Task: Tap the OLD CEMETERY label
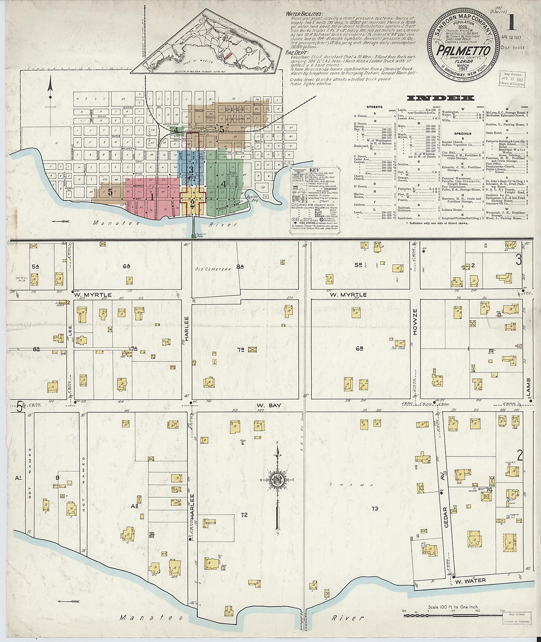(x=212, y=269)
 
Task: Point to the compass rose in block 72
(x=277, y=480)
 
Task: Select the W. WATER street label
(x=470, y=581)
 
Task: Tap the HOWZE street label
(x=415, y=322)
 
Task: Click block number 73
(x=375, y=508)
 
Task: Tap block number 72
(x=244, y=515)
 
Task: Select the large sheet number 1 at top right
(x=511, y=22)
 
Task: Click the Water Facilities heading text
(x=304, y=14)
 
